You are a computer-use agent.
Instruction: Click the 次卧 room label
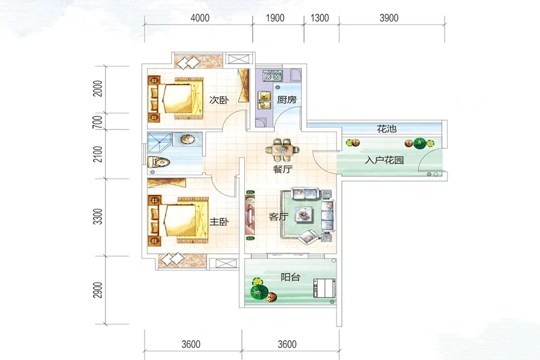point(218,100)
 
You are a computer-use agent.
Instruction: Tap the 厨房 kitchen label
point(287,100)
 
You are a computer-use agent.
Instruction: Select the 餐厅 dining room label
point(283,169)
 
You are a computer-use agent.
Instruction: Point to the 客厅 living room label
point(278,217)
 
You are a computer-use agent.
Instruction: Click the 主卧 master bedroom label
point(219,221)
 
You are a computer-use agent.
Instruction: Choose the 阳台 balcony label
point(290,277)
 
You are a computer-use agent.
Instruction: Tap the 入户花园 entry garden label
point(385,160)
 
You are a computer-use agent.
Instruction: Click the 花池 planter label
point(387,129)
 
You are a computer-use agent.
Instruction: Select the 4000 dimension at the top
point(200,18)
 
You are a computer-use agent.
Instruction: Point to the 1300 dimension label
point(320,18)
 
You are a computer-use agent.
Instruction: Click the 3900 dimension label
point(389,18)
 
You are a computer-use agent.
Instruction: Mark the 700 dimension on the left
point(98,122)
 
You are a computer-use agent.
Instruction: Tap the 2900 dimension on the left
point(98,290)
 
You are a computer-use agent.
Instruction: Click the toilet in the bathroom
point(158,161)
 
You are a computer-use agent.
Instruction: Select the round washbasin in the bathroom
point(188,139)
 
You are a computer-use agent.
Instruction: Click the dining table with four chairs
point(283,150)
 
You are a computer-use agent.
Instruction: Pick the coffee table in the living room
point(304,215)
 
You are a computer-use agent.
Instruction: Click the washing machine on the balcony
point(324,289)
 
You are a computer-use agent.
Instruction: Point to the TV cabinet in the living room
point(250,215)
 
